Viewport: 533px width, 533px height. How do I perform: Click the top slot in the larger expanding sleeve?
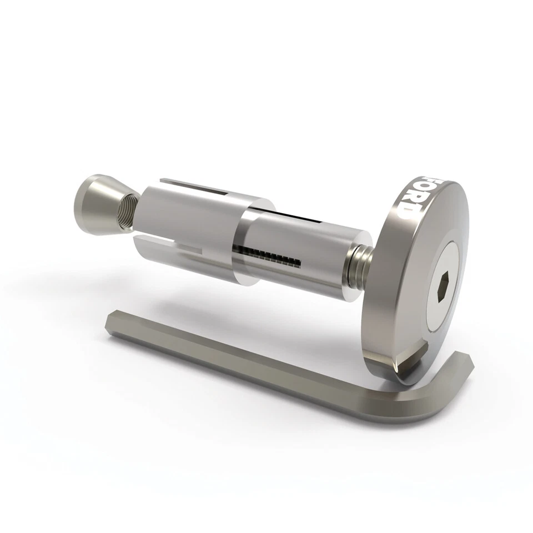click(x=194, y=187)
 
